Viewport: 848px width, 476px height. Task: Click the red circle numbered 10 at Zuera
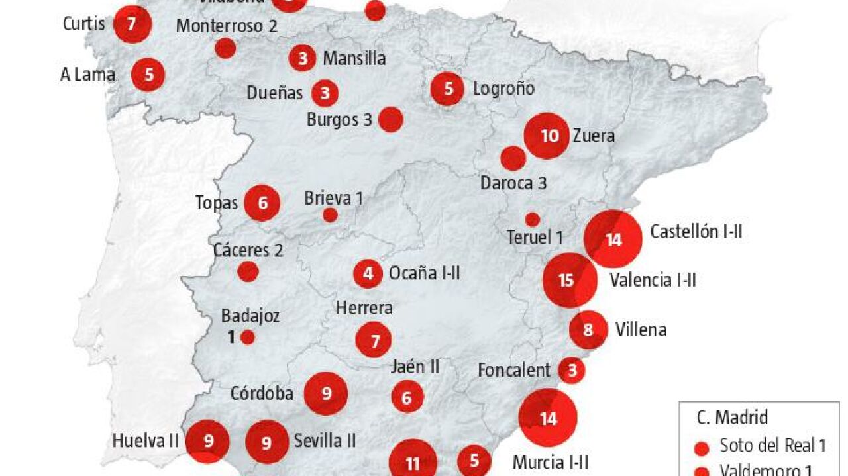[x=547, y=136]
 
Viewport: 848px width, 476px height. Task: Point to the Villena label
[x=641, y=329]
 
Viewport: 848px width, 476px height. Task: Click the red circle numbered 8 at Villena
[x=588, y=329]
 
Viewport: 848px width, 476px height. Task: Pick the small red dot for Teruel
[x=533, y=219]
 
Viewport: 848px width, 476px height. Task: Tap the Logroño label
[x=503, y=89]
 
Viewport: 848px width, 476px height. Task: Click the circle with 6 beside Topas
[x=262, y=203]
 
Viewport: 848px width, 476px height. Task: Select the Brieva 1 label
[x=334, y=197]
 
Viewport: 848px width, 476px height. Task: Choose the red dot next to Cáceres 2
[x=248, y=271]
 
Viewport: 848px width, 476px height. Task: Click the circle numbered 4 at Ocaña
[x=368, y=273]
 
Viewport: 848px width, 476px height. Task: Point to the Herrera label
[x=364, y=308]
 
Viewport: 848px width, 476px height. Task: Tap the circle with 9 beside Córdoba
[x=326, y=394]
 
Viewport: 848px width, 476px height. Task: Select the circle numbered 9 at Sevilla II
[x=267, y=441]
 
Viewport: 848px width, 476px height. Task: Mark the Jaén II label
[x=415, y=367]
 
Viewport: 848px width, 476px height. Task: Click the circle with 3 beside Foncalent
[x=572, y=370]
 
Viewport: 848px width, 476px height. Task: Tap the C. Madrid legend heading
[x=732, y=418]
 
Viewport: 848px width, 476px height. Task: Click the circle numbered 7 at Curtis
[x=132, y=24]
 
